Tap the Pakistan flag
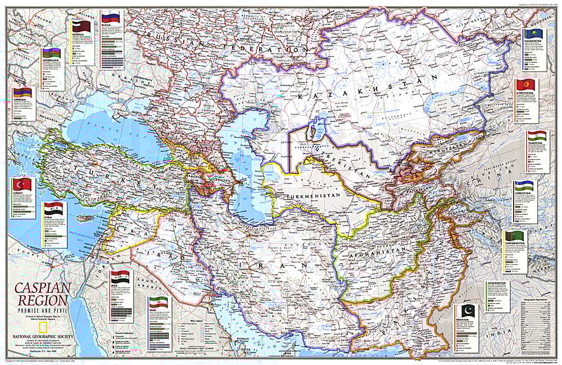pyautogui.click(x=466, y=311)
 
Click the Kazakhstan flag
pyautogui.click(x=532, y=35)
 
